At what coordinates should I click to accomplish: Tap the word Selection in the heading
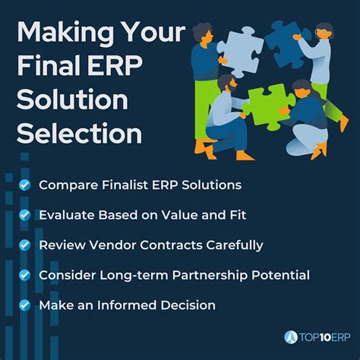click(79, 134)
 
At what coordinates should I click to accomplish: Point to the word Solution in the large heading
click(72, 100)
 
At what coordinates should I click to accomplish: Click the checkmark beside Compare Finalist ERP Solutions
click(26, 184)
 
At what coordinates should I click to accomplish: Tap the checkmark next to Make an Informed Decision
click(26, 305)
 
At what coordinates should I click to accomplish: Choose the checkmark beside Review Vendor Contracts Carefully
click(26, 245)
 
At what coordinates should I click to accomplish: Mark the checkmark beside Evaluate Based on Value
click(26, 214)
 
